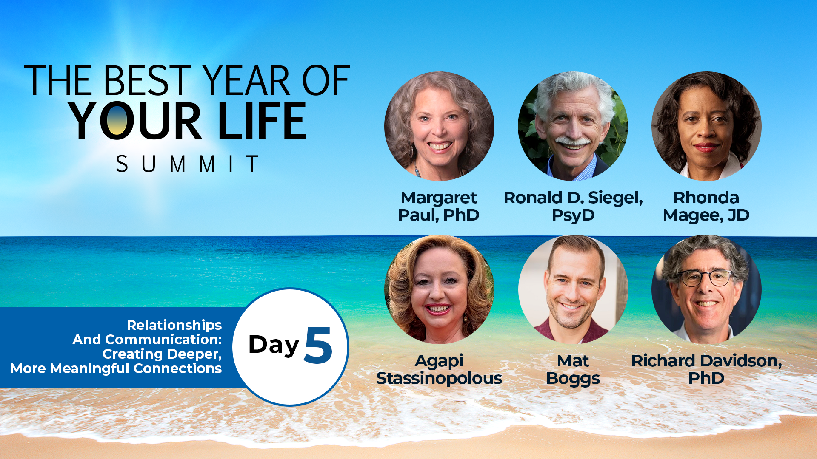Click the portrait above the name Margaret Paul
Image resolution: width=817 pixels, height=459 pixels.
[x=439, y=126]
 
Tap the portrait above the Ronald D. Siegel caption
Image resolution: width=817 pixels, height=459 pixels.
[x=573, y=126]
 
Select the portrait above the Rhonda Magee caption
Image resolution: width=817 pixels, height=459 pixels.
[x=706, y=126]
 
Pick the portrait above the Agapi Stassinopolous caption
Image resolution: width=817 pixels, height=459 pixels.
[x=439, y=289]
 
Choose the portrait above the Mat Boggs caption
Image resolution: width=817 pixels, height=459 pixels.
[x=573, y=289]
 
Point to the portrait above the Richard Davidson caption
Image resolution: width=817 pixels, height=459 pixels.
[x=706, y=289]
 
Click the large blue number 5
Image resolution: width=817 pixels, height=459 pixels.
[x=318, y=345]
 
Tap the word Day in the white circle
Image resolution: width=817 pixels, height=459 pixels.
[x=274, y=345]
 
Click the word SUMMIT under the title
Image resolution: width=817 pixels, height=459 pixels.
[x=187, y=164]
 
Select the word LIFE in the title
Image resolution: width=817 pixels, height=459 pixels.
[x=262, y=121]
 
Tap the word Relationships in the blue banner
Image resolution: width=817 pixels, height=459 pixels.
[x=174, y=325]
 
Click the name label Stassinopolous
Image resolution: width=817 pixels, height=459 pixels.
[x=439, y=378]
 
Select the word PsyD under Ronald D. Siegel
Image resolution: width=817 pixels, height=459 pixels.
[x=573, y=215]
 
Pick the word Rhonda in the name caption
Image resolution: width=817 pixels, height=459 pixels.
[x=706, y=198]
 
